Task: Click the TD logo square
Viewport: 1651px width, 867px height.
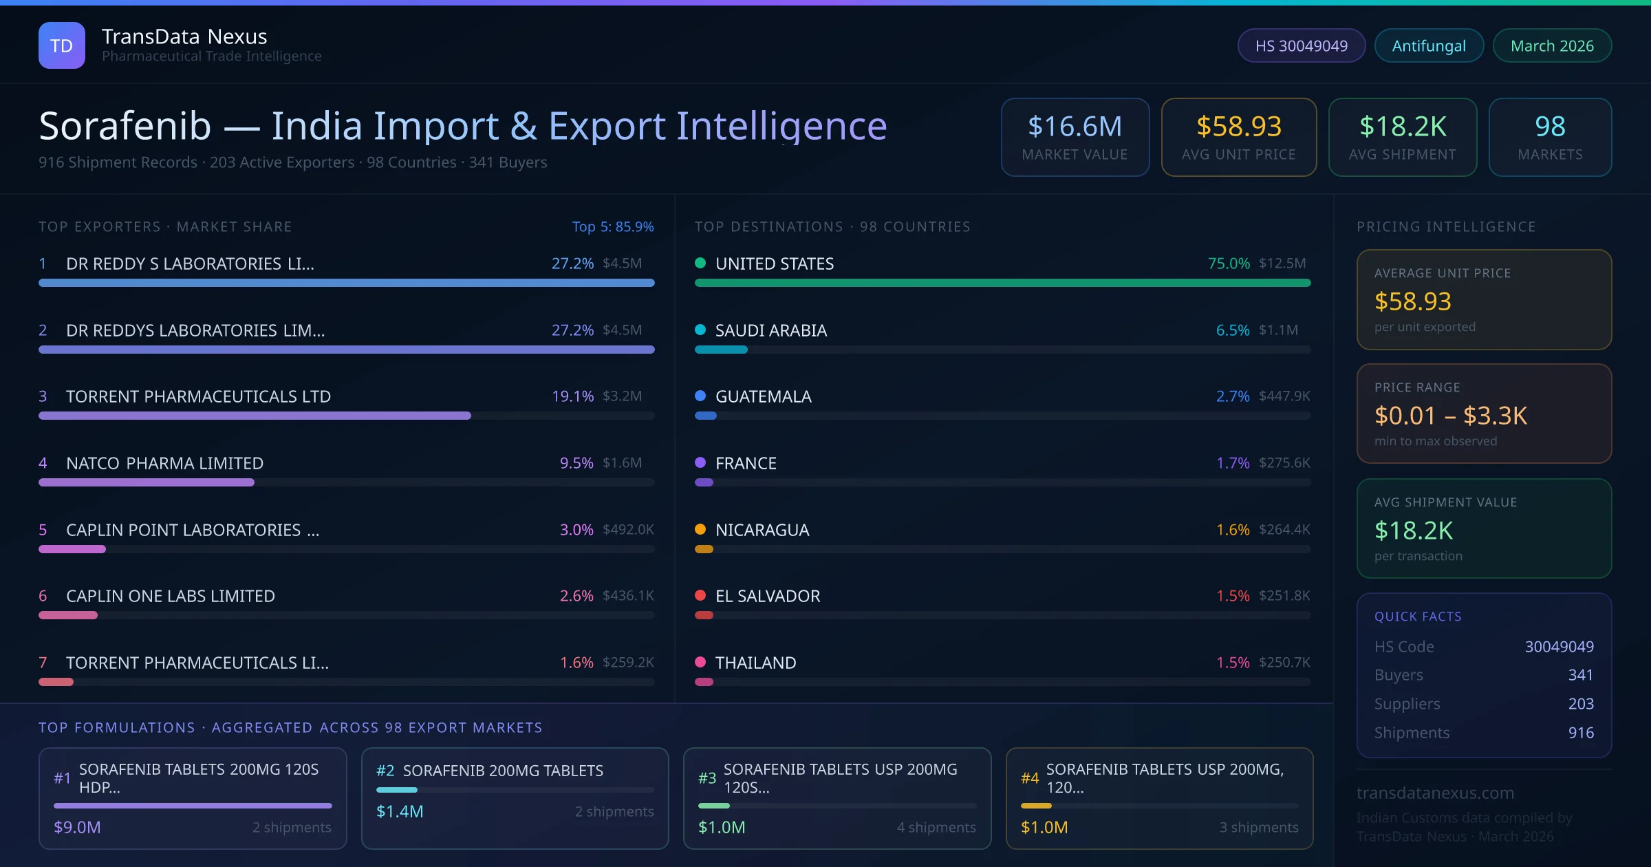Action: (62, 45)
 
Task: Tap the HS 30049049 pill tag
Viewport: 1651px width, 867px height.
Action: (1301, 45)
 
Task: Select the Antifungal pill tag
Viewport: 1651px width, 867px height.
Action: (1429, 45)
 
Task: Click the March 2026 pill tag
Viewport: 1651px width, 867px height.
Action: (1552, 45)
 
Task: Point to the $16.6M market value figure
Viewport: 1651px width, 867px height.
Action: (1075, 127)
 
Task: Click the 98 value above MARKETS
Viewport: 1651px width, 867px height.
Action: (1550, 127)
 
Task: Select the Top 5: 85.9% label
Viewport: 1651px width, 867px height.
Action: (613, 226)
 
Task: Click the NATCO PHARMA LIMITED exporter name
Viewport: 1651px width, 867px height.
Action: (164, 463)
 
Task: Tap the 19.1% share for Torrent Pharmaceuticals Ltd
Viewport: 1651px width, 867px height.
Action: (572, 396)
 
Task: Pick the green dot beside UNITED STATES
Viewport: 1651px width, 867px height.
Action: (700, 263)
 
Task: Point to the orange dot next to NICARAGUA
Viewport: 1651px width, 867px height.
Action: (700, 529)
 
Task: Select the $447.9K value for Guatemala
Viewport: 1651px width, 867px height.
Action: (1284, 396)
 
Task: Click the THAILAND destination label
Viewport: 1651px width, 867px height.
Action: (755, 663)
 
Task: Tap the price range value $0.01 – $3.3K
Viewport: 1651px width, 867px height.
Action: (1450, 416)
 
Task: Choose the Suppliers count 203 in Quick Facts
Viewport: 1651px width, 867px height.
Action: (1581, 704)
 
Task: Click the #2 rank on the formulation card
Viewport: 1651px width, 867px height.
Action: (385, 771)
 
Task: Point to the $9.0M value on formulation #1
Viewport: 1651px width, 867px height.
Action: (77, 827)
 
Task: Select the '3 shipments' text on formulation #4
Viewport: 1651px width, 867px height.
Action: (1259, 827)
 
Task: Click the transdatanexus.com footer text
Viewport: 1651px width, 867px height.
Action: (1435, 793)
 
